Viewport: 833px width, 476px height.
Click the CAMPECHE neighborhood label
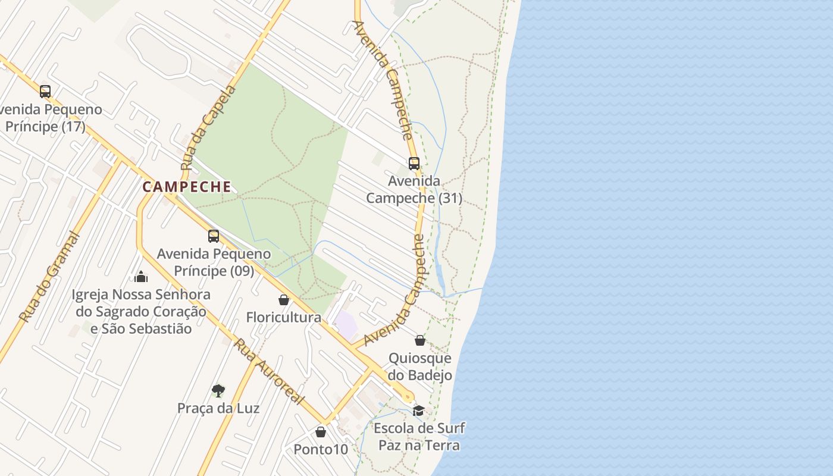pos(187,187)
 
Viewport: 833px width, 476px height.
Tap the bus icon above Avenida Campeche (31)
pos(414,163)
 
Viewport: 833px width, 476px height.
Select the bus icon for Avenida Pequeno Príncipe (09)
pos(214,236)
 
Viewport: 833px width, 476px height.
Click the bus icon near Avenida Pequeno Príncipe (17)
pos(45,92)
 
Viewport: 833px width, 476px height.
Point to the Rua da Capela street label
pos(208,127)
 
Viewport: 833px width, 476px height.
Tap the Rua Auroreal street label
pos(269,371)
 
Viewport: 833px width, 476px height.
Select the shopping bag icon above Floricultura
pos(284,300)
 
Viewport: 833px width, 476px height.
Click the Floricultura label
pos(284,317)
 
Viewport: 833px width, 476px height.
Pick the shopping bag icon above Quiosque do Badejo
pos(420,340)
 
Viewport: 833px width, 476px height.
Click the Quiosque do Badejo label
pos(420,367)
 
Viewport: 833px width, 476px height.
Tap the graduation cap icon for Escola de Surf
pos(419,411)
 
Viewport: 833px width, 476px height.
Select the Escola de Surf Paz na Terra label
pos(419,436)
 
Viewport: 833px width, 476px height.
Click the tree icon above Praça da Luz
pos(218,391)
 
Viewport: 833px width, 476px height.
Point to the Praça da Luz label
pos(218,408)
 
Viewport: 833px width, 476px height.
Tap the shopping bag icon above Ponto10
pos(321,432)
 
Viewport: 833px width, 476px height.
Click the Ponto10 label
pos(321,449)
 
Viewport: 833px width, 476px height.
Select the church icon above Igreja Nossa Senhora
pos(141,277)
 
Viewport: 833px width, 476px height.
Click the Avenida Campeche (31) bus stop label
pos(414,189)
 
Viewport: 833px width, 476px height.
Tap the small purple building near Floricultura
pos(346,325)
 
